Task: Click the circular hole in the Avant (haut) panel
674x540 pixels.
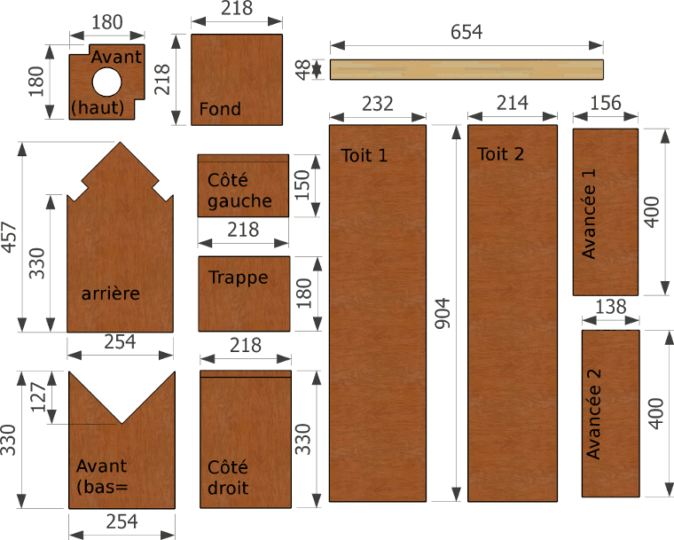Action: tap(107, 82)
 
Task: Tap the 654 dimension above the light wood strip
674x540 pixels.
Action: tap(466, 32)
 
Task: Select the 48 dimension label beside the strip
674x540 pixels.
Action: tap(303, 70)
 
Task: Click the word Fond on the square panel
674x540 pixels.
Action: tap(220, 109)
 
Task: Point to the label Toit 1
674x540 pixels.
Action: tap(364, 155)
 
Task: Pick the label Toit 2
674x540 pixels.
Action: tap(500, 154)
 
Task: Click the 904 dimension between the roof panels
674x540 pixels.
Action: tap(443, 313)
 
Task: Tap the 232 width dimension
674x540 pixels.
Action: tap(378, 104)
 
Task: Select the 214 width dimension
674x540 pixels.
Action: tap(513, 103)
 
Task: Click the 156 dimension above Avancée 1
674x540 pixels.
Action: tap(606, 103)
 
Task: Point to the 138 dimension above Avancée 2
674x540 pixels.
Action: tap(611, 307)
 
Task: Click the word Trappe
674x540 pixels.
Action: tap(239, 278)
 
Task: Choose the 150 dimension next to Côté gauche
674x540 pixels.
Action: tap(302, 184)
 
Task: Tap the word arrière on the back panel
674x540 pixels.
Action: tap(111, 293)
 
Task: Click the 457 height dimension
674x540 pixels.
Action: tap(9, 237)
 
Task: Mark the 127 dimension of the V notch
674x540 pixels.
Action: tap(38, 397)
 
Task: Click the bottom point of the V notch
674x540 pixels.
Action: tap(121, 424)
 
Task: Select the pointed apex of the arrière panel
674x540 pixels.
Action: tap(120, 142)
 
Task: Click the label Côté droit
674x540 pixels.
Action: tap(228, 478)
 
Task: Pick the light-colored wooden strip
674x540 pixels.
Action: tap(466, 70)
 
